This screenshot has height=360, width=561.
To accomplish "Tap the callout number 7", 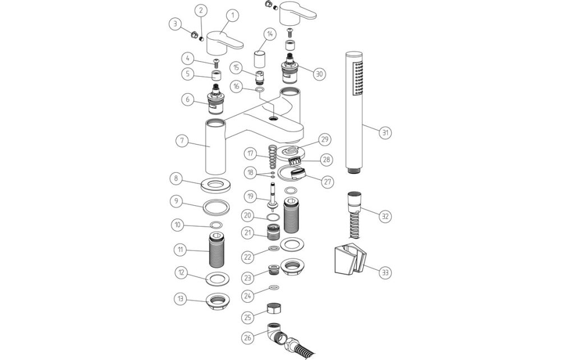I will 181,140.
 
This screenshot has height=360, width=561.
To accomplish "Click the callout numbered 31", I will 385,132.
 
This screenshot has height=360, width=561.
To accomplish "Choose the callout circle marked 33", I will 385,273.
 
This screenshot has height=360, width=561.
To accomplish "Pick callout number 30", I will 319,73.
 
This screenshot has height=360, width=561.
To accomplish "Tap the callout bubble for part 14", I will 270,34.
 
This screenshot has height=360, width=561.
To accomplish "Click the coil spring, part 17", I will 272,156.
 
